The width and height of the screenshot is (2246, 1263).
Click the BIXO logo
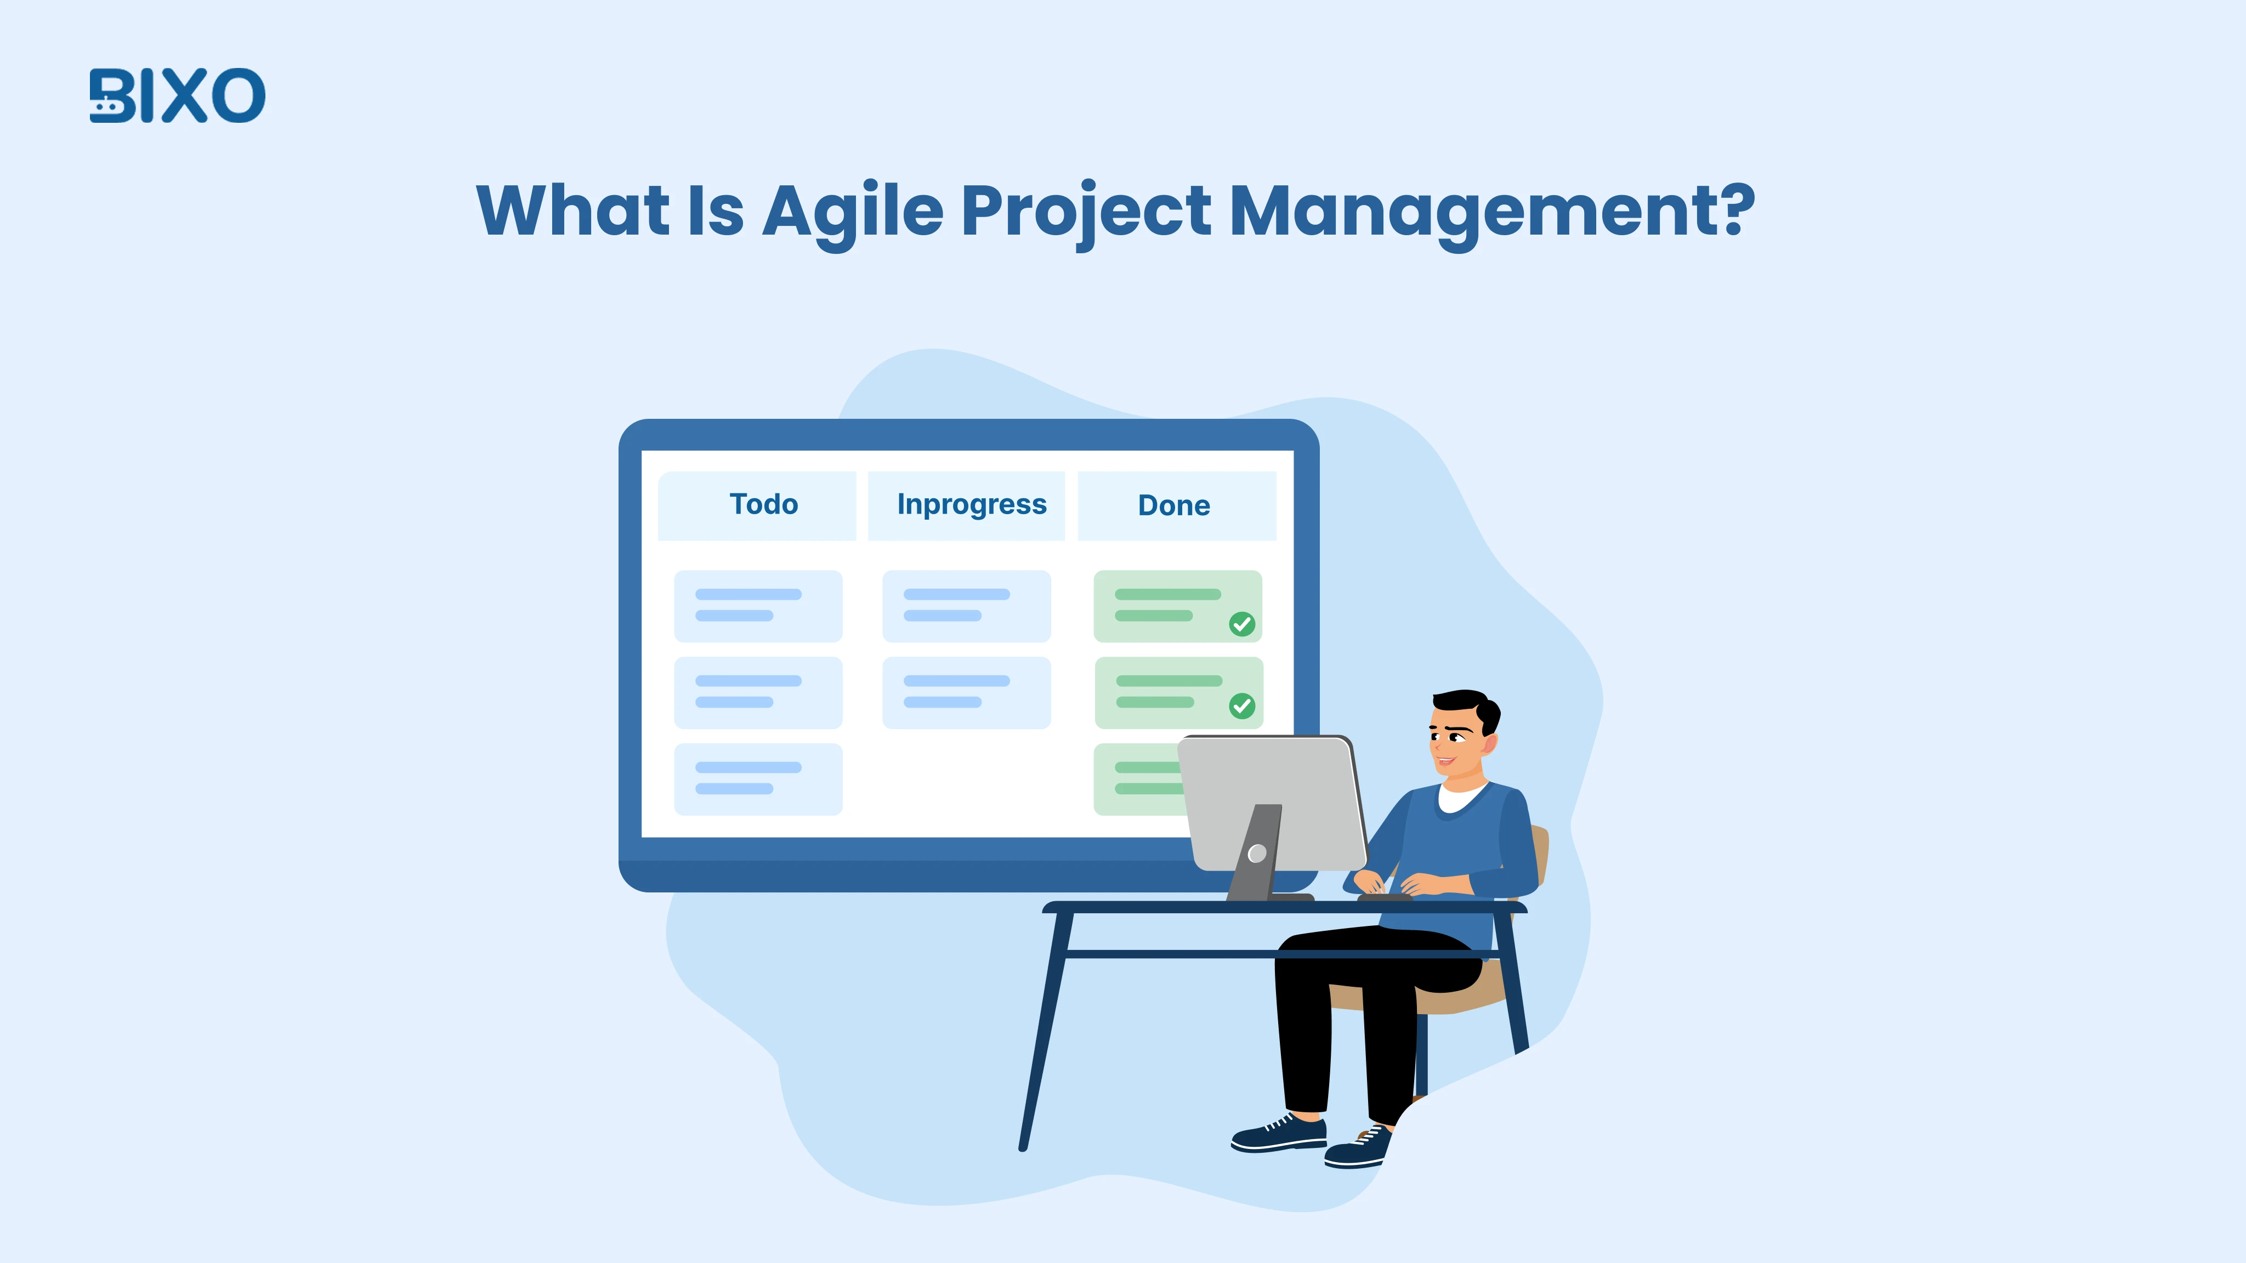click(177, 96)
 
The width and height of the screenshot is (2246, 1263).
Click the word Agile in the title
click(853, 212)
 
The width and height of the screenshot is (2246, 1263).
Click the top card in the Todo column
click(758, 606)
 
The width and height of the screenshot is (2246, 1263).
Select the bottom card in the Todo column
click(758, 780)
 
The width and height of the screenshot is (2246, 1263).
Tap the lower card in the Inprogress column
click(966, 692)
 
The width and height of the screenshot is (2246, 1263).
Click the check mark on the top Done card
click(1241, 624)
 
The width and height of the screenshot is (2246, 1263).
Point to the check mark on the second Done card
click(1241, 706)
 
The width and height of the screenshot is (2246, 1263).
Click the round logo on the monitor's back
click(1256, 854)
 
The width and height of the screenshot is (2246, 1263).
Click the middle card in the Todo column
click(758, 692)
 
